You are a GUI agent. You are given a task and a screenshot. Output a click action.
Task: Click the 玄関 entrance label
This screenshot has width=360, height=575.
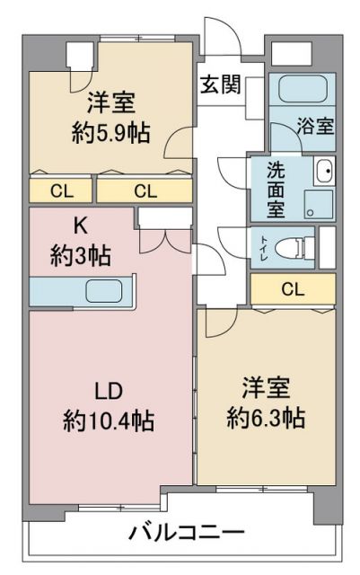[x=220, y=84]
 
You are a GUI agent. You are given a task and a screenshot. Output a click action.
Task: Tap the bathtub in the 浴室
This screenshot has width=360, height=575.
[x=303, y=90]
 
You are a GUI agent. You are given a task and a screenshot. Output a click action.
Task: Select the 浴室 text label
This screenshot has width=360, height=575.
[x=315, y=126]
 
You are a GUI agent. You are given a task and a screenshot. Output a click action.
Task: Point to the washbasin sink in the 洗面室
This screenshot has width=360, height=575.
[x=324, y=171]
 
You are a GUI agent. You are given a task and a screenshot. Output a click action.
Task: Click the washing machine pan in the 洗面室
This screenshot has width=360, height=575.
[x=319, y=205]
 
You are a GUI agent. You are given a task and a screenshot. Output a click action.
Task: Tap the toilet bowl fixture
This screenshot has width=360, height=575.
[x=289, y=248]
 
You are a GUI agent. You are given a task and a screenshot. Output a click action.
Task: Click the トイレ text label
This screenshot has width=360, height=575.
[x=264, y=248]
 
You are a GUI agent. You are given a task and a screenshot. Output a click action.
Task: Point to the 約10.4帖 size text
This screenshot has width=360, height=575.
[x=109, y=420]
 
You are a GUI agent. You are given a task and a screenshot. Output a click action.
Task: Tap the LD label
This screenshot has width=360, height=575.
[x=109, y=392]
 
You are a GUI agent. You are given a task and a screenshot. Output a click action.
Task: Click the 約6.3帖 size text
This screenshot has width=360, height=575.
[x=266, y=417]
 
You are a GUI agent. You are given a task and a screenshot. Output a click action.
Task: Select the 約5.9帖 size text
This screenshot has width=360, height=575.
[x=111, y=132]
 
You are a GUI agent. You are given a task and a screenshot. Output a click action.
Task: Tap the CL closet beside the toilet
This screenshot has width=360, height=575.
[x=293, y=289]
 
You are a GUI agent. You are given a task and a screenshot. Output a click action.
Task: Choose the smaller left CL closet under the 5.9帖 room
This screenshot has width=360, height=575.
[x=60, y=190]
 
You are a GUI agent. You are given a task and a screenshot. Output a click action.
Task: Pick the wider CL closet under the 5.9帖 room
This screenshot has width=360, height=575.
[x=145, y=190]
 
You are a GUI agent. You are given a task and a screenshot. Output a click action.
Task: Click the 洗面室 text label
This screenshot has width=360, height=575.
[x=276, y=190]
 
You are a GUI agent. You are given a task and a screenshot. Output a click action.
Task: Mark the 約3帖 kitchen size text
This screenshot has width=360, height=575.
[x=80, y=255]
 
